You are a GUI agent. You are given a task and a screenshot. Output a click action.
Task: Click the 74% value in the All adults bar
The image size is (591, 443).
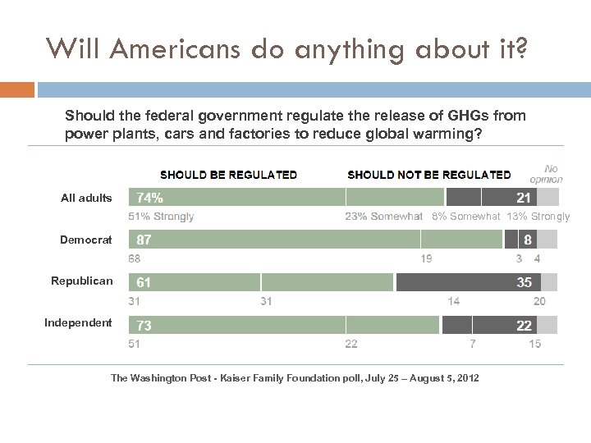coord(149,198)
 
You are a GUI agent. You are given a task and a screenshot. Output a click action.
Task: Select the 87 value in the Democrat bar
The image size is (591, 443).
coord(144,240)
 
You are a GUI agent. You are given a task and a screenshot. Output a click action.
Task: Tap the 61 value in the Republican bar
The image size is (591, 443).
coord(144,282)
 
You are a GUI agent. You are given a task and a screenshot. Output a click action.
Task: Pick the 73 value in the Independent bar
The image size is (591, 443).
coord(144,326)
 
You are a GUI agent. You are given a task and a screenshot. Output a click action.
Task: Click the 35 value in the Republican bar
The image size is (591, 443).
coord(524,282)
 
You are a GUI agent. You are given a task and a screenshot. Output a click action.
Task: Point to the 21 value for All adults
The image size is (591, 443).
coord(523,198)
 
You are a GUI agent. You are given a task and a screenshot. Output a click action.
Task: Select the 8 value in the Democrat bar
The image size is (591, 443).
coord(528,240)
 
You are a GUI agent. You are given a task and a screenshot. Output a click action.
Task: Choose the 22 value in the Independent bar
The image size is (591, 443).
coord(524,326)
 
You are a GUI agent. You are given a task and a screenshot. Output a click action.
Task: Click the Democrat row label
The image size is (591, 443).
coord(85,240)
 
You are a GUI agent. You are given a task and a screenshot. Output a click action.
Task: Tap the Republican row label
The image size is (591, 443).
coord(82,281)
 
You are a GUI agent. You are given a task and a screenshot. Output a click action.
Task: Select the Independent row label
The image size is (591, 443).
coord(78,322)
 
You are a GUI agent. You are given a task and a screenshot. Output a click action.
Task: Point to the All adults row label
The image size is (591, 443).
coord(86,198)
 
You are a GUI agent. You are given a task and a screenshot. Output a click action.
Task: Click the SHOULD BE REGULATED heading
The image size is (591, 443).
coord(228,175)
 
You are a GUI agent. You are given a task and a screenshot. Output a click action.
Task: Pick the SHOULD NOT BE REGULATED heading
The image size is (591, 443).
coord(428,175)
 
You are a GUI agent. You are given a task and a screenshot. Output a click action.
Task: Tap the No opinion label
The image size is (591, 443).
coord(546,173)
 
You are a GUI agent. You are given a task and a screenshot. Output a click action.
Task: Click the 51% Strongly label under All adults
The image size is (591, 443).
coord(161,217)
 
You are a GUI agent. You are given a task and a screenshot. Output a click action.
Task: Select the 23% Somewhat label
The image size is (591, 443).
coord(383,217)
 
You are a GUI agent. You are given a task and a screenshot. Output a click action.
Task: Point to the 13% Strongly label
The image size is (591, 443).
coord(538,217)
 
